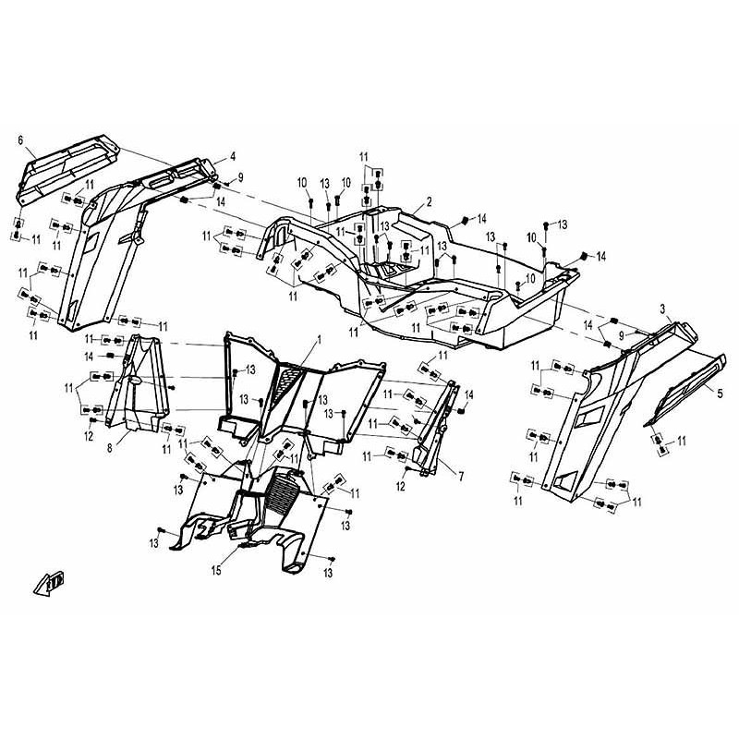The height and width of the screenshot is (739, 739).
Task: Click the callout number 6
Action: click(x=20, y=140)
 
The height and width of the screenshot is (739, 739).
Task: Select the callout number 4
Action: click(x=233, y=157)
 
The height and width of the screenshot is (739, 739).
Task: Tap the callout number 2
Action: click(x=429, y=202)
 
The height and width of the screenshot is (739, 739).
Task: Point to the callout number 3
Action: click(x=662, y=309)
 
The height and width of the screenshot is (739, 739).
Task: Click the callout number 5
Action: click(x=720, y=394)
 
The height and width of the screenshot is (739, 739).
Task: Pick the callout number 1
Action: click(x=319, y=339)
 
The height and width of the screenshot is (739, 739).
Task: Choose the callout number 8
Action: click(x=110, y=448)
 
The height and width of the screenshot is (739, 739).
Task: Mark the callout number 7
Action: click(x=460, y=477)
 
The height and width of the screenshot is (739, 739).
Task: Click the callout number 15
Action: click(x=216, y=571)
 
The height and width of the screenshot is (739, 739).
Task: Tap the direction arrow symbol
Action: click(x=49, y=584)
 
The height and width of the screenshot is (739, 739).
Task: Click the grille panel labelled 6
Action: click(x=66, y=167)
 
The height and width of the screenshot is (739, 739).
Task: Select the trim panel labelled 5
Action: click(x=685, y=389)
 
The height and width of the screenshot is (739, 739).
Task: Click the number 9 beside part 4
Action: click(x=240, y=177)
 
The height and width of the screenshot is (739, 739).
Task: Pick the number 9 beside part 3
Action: click(x=621, y=336)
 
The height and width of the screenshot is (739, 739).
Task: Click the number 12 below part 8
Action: click(x=89, y=436)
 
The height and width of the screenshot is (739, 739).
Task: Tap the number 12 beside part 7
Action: click(x=401, y=486)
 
